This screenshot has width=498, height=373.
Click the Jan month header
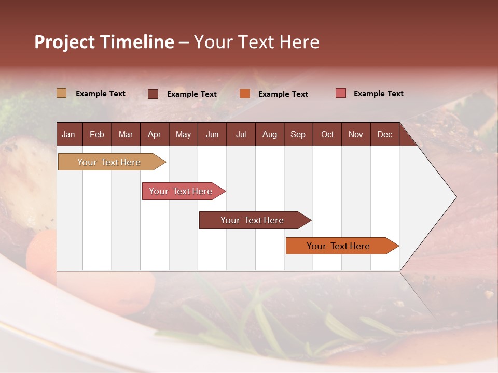point(68,135)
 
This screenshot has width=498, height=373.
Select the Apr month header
point(154,135)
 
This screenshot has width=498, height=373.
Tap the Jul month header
point(241,135)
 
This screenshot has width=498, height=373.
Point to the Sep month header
point(298,135)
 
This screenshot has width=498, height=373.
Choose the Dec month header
point(384,135)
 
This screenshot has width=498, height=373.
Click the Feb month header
point(97,135)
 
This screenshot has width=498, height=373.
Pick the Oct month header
point(327,135)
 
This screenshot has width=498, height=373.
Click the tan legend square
point(62,93)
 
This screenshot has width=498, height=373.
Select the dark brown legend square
point(153,94)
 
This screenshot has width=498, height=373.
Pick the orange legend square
point(245,94)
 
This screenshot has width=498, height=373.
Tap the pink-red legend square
point(341,93)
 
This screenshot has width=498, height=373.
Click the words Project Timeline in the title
point(104,42)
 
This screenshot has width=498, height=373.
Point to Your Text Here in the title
point(257,42)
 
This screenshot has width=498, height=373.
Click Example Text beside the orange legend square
point(283,94)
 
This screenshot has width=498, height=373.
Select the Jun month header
point(212,135)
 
